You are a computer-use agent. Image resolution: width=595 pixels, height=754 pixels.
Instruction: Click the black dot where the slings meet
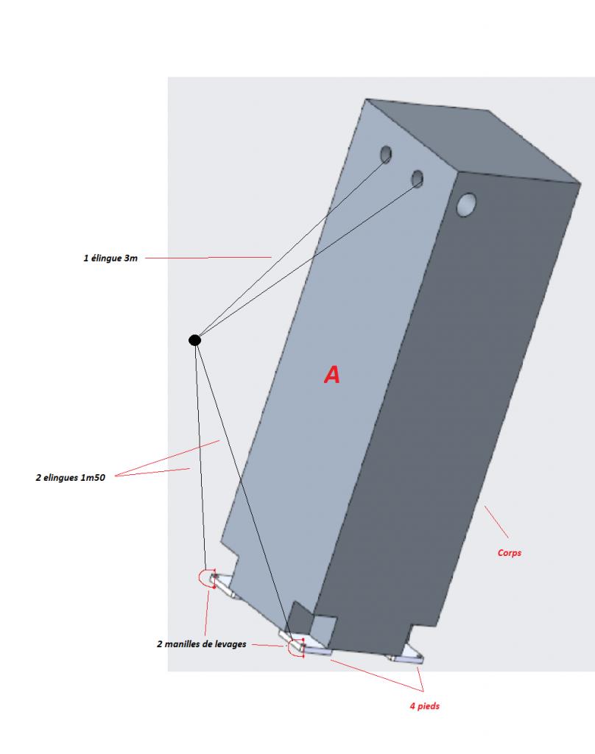pos(194,340)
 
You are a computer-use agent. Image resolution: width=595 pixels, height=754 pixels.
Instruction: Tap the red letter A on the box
pos(332,375)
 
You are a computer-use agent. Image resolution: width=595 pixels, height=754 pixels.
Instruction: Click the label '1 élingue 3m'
pos(110,258)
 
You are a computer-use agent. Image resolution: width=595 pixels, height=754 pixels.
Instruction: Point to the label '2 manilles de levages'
pos(201,643)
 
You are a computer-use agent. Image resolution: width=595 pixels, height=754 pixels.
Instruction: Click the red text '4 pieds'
pos(425,706)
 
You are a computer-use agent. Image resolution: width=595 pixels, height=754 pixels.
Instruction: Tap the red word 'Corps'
pos(510,552)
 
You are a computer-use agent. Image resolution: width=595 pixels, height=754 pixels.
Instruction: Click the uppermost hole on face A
pos(386,154)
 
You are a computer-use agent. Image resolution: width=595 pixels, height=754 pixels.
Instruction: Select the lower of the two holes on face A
pos(418,178)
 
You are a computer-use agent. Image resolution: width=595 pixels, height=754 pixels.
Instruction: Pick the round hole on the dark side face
pos(466,205)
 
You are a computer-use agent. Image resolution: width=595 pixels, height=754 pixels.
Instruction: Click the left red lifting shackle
pos(205,578)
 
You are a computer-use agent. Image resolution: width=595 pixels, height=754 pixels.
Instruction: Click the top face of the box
pos(471,140)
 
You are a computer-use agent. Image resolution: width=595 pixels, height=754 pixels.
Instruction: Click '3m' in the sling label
pos(131,258)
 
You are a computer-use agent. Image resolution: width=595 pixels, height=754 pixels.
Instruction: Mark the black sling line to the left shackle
pos(200,457)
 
